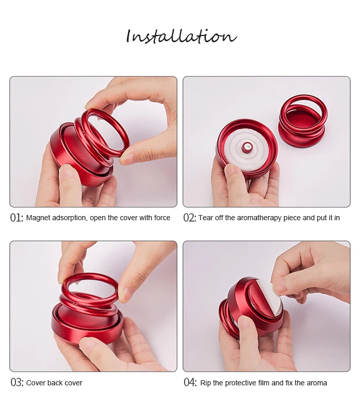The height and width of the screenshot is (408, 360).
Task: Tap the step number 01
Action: (x=16, y=218)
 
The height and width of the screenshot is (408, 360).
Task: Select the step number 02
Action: (x=190, y=218)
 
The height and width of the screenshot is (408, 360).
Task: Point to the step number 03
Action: (x=17, y=382)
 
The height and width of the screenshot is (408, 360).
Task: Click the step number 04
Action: (x=190, y=382)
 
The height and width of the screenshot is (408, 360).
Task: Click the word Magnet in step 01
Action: (x=38, y=218)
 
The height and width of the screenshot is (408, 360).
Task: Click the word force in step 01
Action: (x=162, y=218)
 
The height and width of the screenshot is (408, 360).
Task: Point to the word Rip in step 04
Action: (x=206, y=383)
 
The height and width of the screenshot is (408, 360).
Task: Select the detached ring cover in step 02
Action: (x=303, y=122)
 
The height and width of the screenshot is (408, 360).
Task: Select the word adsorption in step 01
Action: (x=69, y=218)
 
